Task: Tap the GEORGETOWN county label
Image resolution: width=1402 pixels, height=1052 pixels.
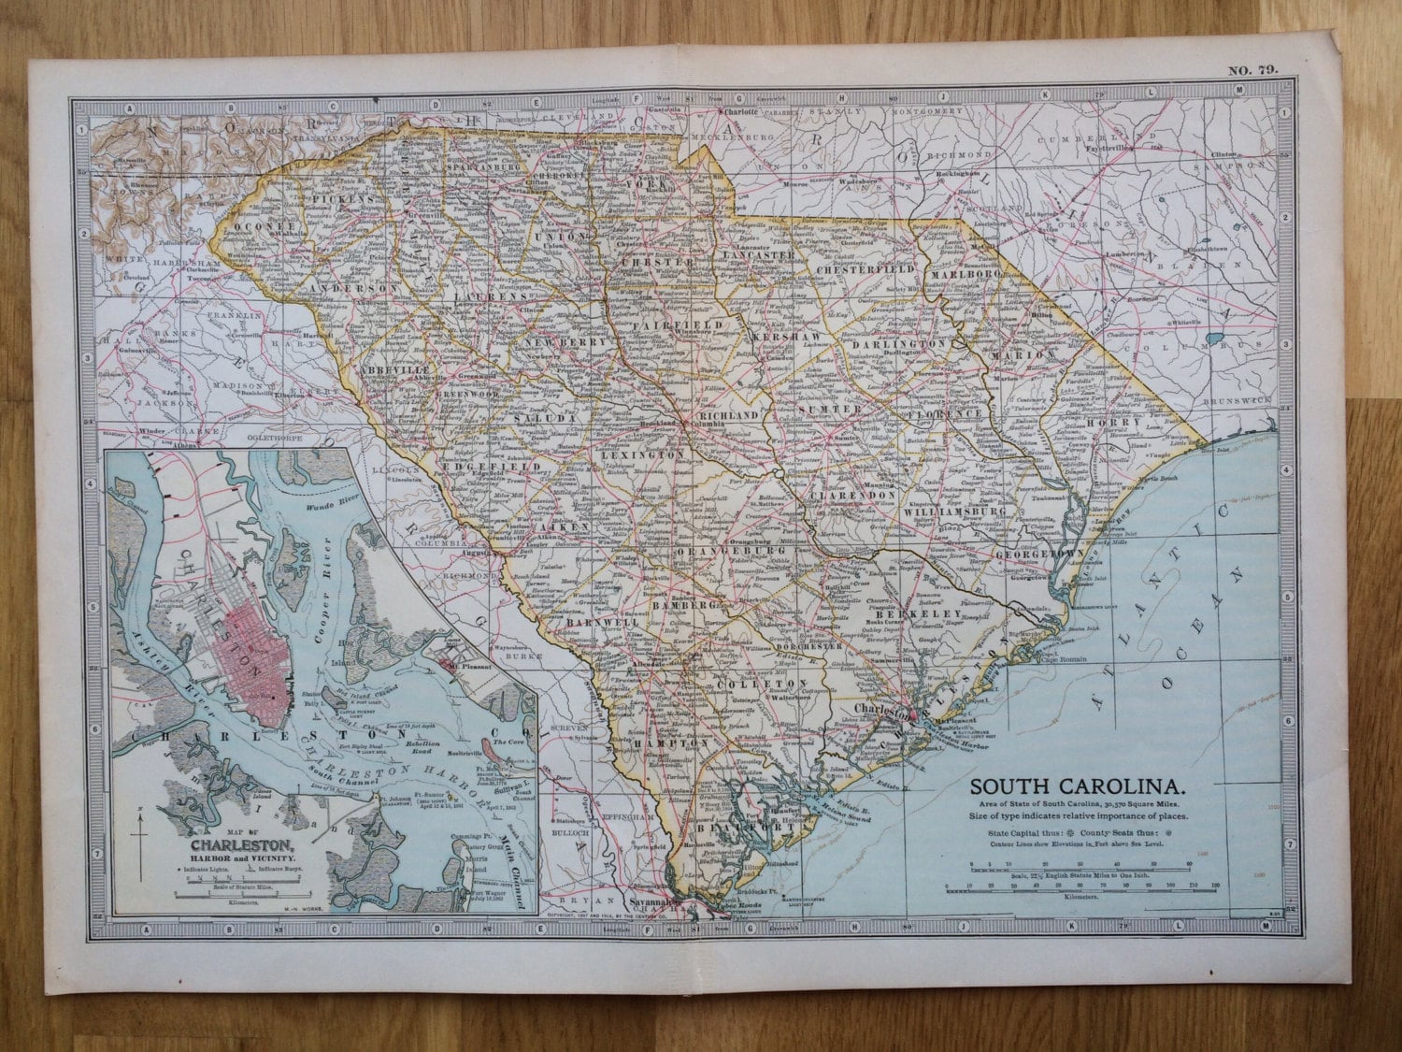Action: [1039, 553]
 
